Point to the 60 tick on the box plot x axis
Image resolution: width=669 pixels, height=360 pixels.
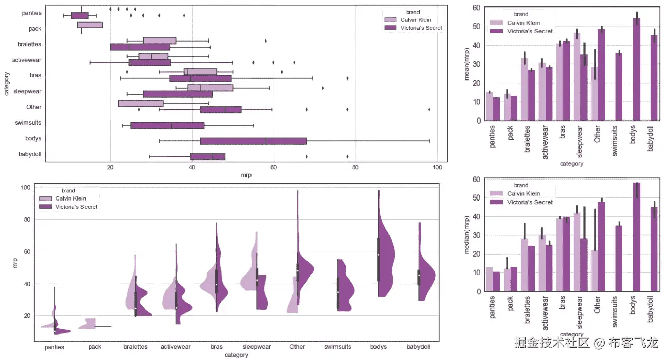[x=274, y=168]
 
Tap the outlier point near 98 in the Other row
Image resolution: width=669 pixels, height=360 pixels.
[x=429, y=109]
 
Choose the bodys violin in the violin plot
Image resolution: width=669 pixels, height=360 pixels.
[x=385, y=263]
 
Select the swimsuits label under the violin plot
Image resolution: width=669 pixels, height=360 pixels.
[x=338, y=347]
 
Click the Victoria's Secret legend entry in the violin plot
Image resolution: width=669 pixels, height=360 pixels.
[x=76, y=207]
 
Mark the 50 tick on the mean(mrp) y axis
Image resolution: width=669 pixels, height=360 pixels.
[x=476, y=26]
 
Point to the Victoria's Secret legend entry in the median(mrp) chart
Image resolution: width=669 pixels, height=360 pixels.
[x=529, y=202]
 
